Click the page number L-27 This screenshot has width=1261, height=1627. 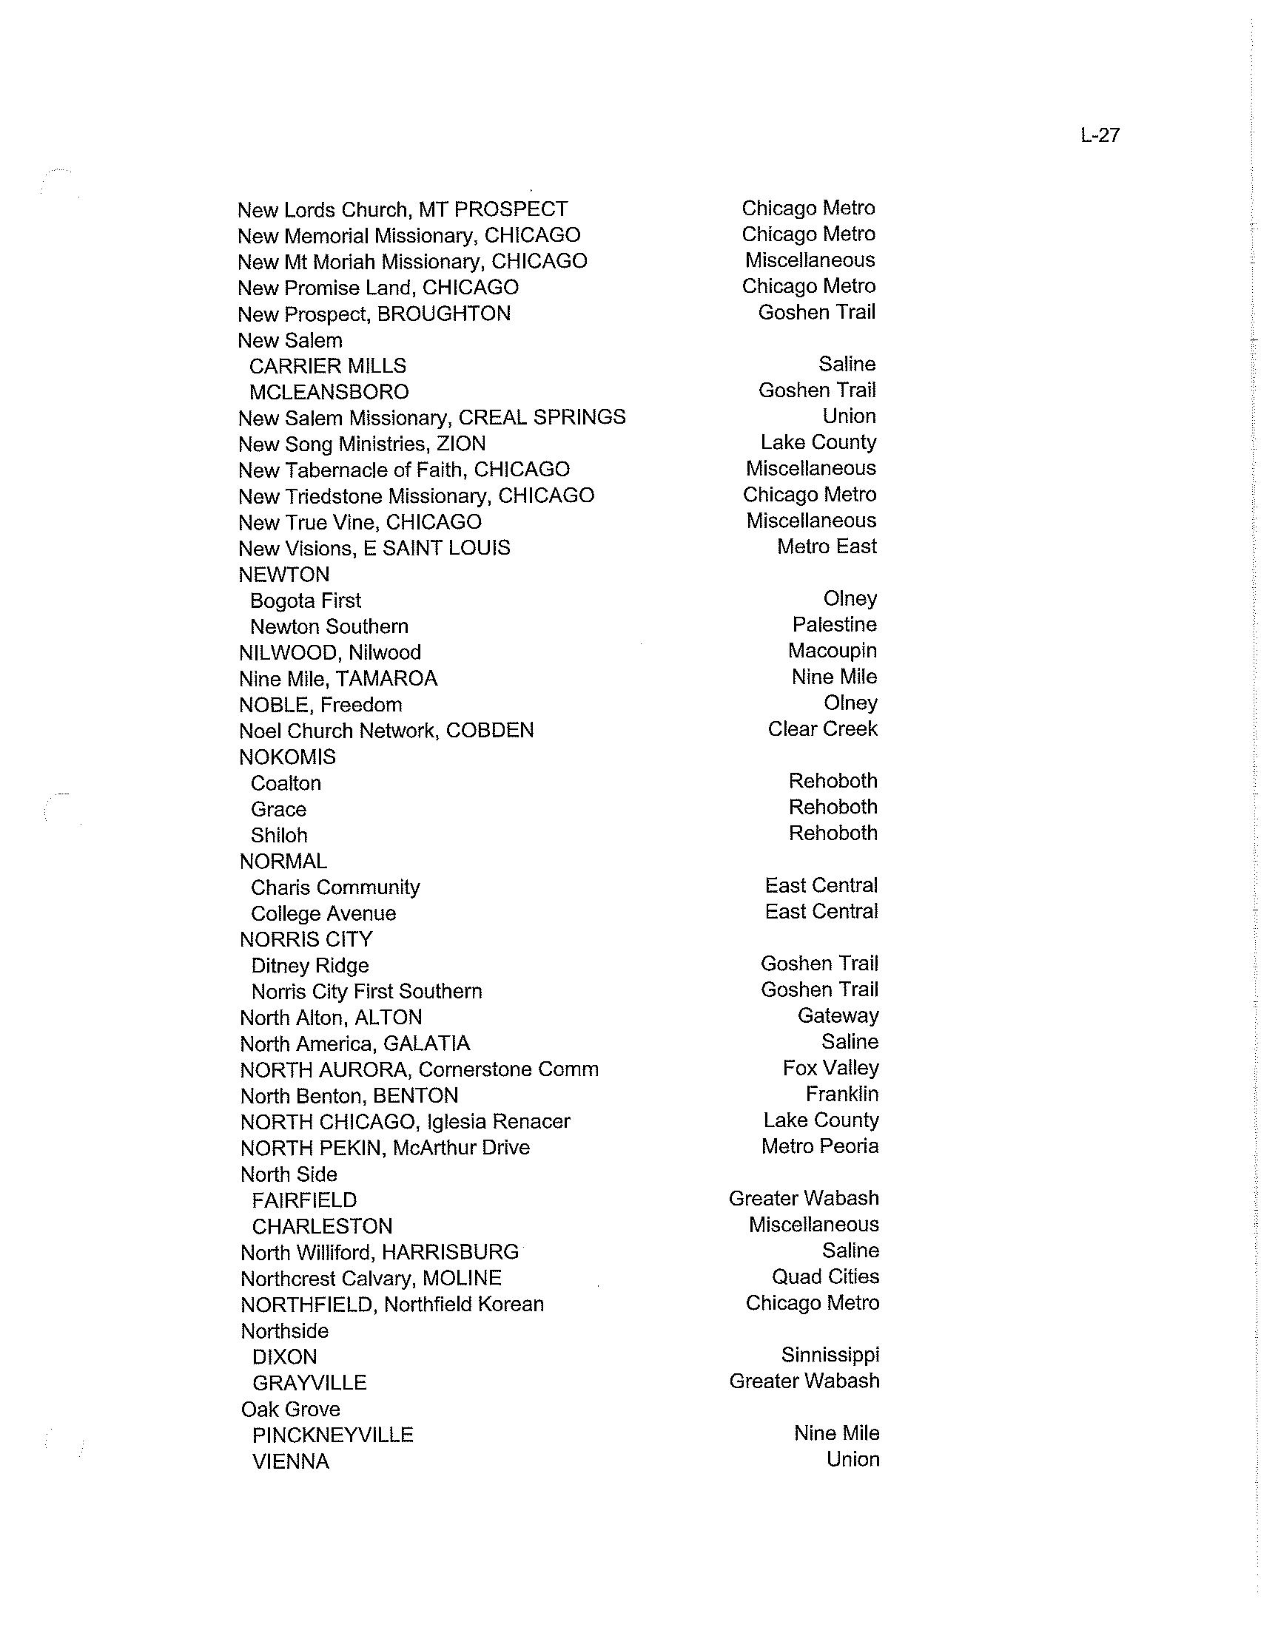pos(1099,135)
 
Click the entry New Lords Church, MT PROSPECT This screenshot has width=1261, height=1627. pos(403,210)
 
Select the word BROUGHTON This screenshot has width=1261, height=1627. pos(443,314)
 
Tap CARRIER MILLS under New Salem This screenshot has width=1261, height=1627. pos(328,366)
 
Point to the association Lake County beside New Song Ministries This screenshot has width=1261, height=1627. pos(818,442)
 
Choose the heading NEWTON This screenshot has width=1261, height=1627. pos(284,575)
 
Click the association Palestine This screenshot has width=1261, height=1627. pos(834,624)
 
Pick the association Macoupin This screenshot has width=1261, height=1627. pos(832,650)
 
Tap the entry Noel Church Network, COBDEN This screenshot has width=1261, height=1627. pos(386,730)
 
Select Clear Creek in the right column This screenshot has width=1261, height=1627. pos(822,728)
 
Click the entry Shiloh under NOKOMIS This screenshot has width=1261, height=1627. pos(279,835)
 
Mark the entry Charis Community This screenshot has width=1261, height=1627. pos(335,887)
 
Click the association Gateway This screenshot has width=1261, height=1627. pos(838,1015)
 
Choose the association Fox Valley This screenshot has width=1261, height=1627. pos(830,1069)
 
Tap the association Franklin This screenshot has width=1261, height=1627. pos(841,1094)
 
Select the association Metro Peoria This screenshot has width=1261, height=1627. pos(820,1146)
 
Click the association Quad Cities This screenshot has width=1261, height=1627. pos(825,1276)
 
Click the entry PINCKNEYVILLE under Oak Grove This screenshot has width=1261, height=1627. pos(332,1435)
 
